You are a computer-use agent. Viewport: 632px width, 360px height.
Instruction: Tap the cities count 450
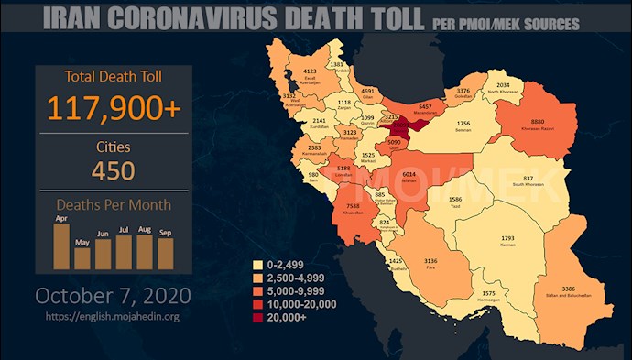pyautogui.click(x=114, y=170)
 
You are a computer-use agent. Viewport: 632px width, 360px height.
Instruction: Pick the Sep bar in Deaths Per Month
pyautogui.click(x=166, y=253)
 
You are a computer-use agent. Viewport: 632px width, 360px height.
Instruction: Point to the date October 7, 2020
pyautogui.click(x=114, y=296)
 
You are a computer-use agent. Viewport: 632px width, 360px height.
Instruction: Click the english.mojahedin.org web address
pyautogui.click(x=114, y=317)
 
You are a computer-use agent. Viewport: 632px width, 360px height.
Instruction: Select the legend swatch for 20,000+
pyautogui.click(x=259, y=316)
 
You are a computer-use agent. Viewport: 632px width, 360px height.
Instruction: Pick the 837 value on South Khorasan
pyautogui.click(x=528, y=179)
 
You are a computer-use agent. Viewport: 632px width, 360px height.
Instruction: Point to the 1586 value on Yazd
pyautogui.click(x=455, y=199)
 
